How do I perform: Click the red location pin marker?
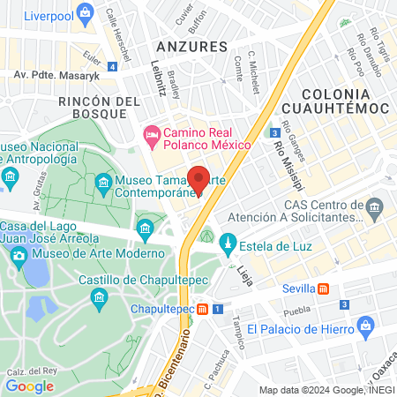198,178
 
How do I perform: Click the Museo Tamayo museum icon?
102,184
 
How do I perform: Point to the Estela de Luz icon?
227,242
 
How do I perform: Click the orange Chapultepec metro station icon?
203,309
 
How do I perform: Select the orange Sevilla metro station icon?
324,288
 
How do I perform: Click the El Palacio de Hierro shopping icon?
366,329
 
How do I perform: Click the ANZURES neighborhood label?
185,44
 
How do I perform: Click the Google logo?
29,386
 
